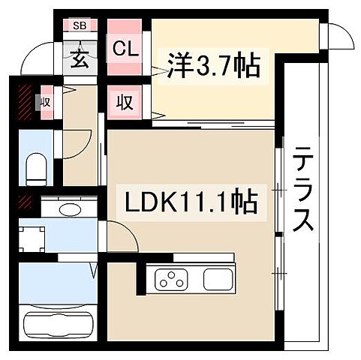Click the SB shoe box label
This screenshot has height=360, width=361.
[80, 25]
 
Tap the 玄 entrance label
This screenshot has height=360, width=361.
[80, 55]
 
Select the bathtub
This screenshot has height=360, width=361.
[56, 325]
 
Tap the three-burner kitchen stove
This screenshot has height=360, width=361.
[172, 281]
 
